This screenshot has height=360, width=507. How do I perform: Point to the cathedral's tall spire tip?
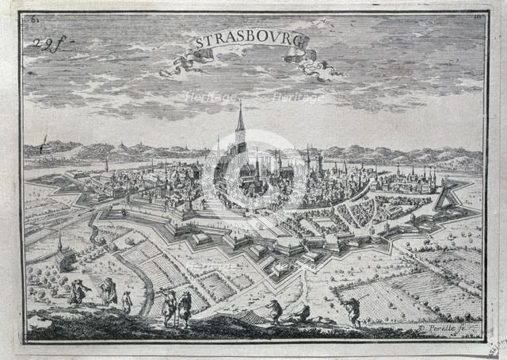pos(240,102)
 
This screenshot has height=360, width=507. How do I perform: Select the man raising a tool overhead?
pos(352,310)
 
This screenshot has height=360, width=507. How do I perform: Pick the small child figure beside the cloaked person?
pos(126,301)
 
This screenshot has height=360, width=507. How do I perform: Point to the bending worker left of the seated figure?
pos(275,310)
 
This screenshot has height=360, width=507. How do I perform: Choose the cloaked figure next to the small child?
pos(108,293)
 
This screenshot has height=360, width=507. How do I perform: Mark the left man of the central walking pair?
pos(169,306)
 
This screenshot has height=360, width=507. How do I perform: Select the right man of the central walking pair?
pos(185,308)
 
